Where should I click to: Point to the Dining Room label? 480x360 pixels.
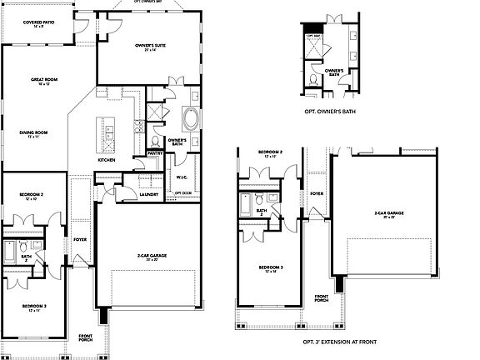pyautogui.click(x=34, y=132)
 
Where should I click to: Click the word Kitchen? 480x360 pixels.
pyautogui.click(x=107, y=159)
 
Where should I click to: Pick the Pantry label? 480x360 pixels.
pyautogui.click(x=154, y=153)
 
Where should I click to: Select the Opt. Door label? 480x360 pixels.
pyautogui.click(x=182, y=192)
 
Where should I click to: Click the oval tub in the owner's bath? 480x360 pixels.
pyautogui.click(x=191, y=118)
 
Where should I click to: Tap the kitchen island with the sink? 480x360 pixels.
pyautogui.click(x=108, y=129)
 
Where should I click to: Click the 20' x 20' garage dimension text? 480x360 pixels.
pyautogui.click(x=147, y=259)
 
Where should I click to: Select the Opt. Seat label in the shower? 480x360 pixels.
pyautogui.click(x=313, y=36)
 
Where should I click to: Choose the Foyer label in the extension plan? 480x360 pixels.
pyautogui.click(x=317, y=193)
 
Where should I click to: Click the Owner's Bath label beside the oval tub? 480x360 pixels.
pyautogui.click(x=177, y=142)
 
